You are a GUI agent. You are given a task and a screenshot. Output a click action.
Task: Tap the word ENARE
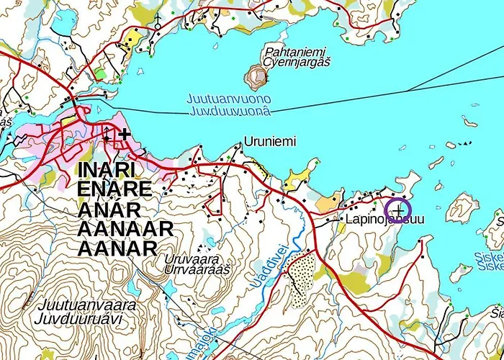tap(114, 190)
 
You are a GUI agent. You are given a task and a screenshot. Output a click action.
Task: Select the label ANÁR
tap(107, 210)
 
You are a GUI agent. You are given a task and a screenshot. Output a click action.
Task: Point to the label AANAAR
tap(125, 229)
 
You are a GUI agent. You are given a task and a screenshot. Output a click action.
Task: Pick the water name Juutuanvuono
tap(229, 99)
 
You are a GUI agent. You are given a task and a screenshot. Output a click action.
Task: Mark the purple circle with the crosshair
tap(399, 210)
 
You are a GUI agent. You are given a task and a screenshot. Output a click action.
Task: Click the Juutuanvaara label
tap(88, 305)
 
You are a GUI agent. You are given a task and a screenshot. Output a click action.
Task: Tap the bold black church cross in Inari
tap(125, 134)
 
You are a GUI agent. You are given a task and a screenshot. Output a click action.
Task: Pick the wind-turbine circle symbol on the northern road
tap(158, 26)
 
